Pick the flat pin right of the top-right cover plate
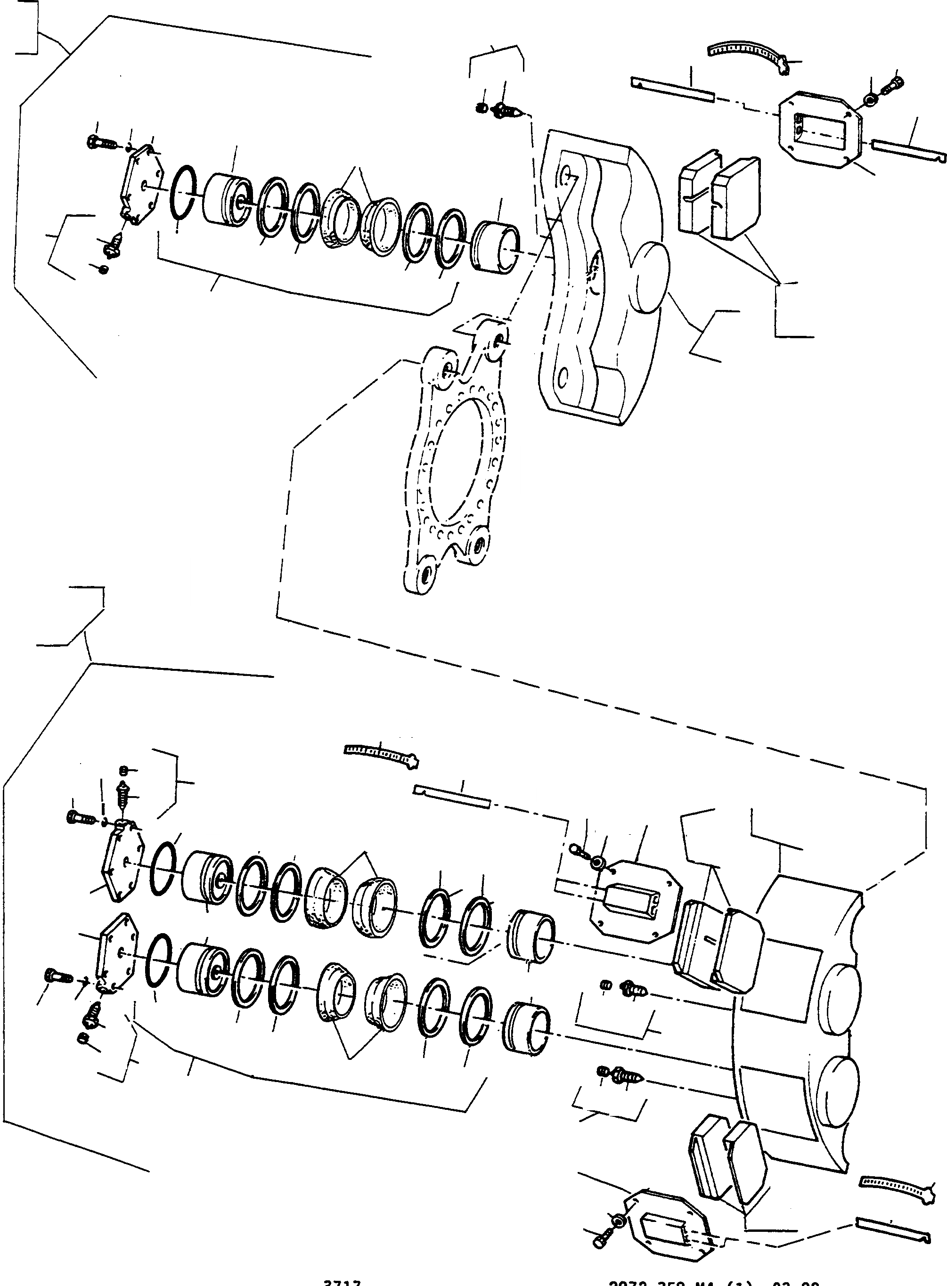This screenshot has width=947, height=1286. [x=908, y=150]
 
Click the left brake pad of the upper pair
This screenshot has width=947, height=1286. [x=696, y=193]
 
